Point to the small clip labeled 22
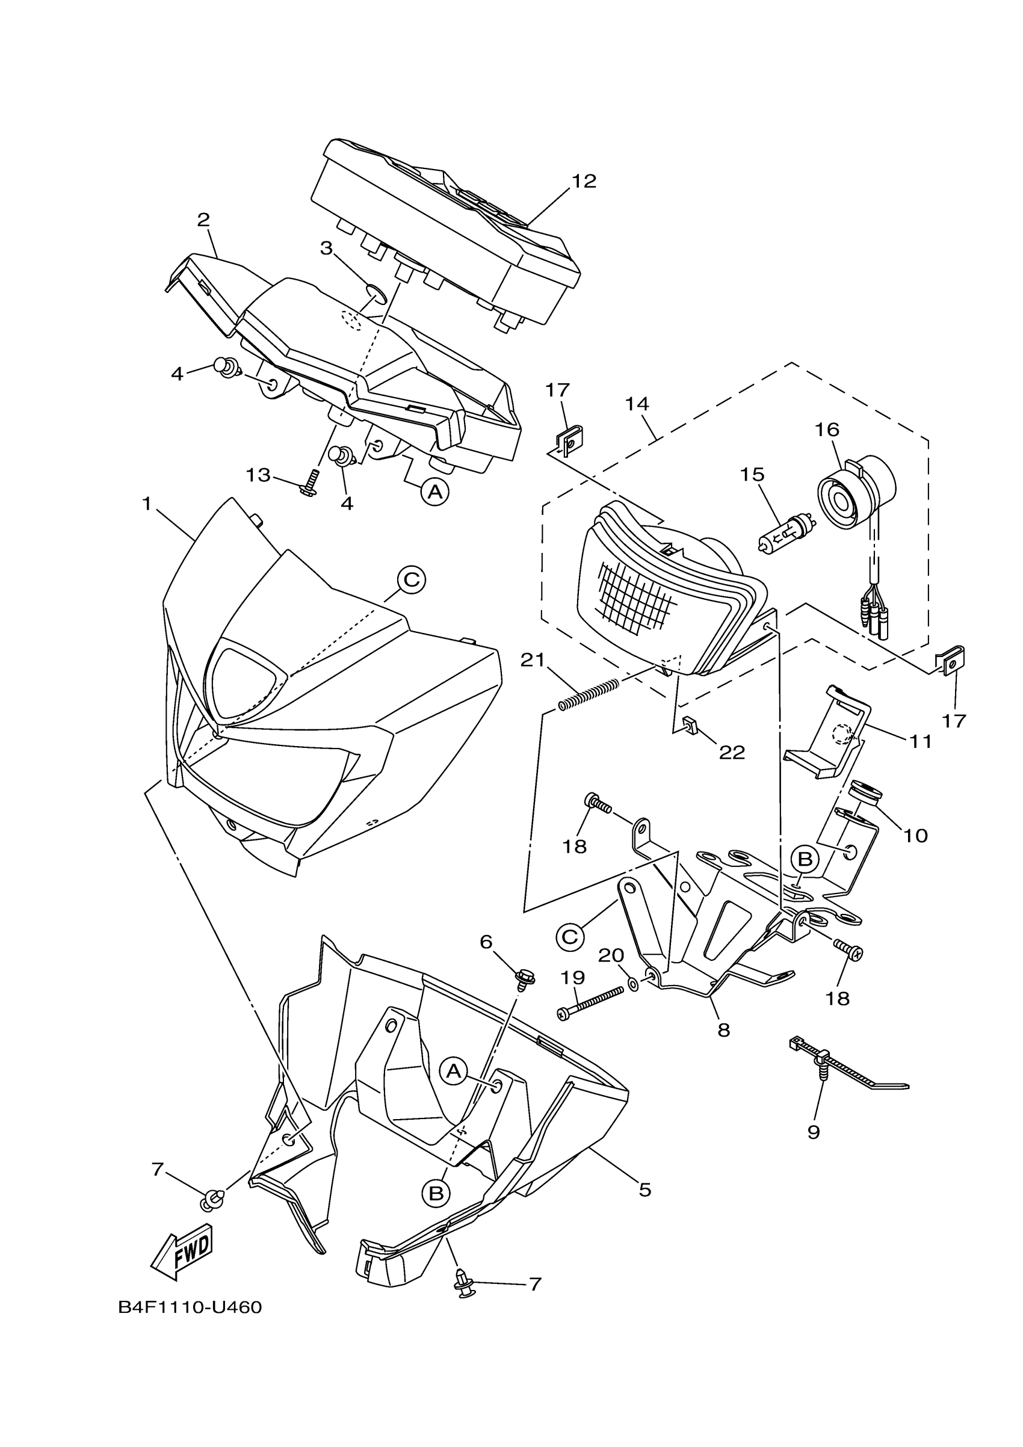tap(690, 726)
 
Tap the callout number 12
tap(584, 182)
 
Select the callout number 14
tap(637, 403)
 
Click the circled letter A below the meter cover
tap(434, 491)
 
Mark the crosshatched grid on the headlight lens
tap(637, 597)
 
